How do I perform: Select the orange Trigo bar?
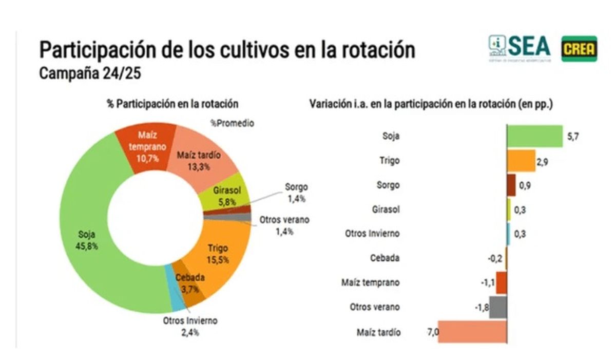tap(521, 161)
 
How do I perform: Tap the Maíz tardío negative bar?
tap(472, 332)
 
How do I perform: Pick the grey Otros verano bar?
tap(498, 307)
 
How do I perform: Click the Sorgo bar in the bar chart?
tap(511, 185)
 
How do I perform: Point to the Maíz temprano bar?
tap(502, 282)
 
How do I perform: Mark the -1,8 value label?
tap(482, 307)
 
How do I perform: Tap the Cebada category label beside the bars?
tap(384, 258)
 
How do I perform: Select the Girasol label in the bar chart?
tap(386, 210)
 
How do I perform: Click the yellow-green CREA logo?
tap(579, 49)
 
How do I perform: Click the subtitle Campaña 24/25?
tap(90, 73)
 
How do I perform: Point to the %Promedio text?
tap(232, 123)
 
